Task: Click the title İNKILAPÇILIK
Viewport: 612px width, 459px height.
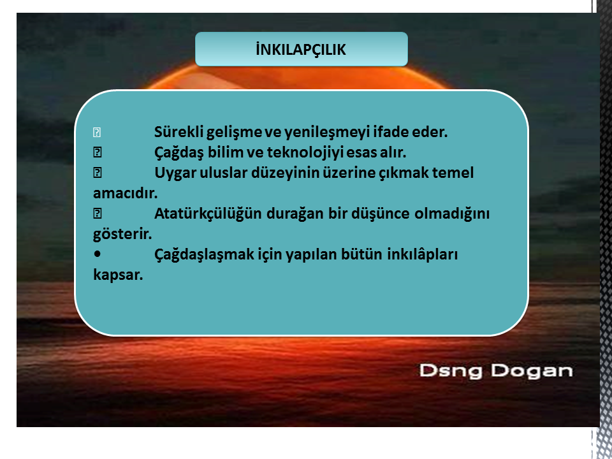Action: click(x=301, y=50)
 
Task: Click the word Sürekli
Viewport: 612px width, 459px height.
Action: click(x=178, y=131)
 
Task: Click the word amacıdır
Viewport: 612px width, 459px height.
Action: click(x=126, y=193)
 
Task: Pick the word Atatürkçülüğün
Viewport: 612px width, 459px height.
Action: click(x=208, y=214)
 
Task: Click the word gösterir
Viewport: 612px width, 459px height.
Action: click(x=122, y=235)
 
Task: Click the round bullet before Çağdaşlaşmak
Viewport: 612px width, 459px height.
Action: click(x=97, y=254)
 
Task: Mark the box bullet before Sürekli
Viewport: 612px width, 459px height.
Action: click(x=97, y=133)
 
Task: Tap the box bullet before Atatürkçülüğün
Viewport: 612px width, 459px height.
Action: click(x=97, y=214)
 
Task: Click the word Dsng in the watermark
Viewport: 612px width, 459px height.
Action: click(x=451, y=371)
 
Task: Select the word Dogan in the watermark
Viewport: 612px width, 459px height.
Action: click(x=532, y=371)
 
